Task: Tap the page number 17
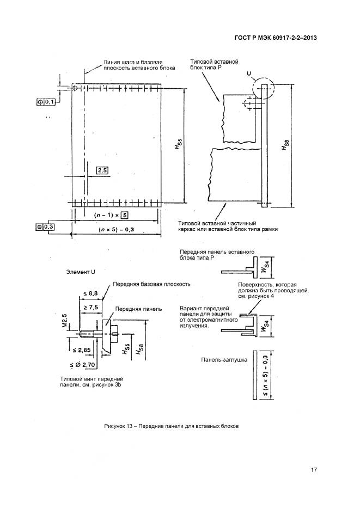314,470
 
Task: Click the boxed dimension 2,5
102,170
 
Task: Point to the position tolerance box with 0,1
46,102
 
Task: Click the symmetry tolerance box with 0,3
45,226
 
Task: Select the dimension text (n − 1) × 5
107,213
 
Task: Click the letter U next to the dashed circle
248,72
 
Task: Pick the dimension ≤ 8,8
90,294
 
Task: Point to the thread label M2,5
64,321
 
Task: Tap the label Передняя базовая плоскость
151,284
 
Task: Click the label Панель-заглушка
224,360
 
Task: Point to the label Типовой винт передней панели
93,381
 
